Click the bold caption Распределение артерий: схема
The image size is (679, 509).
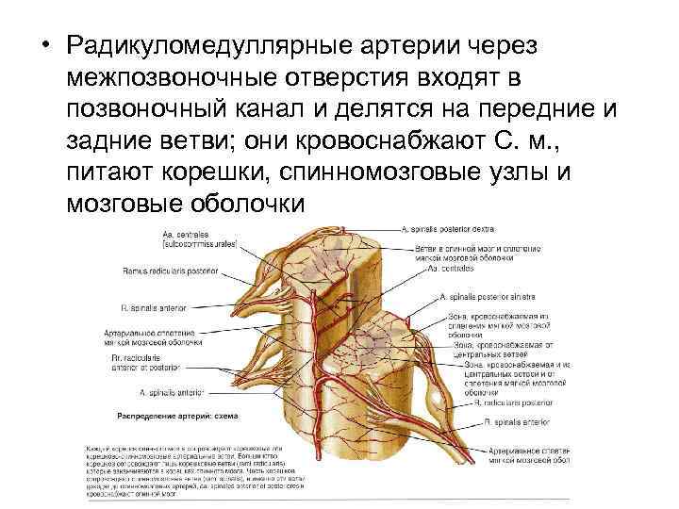pos(176,416)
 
